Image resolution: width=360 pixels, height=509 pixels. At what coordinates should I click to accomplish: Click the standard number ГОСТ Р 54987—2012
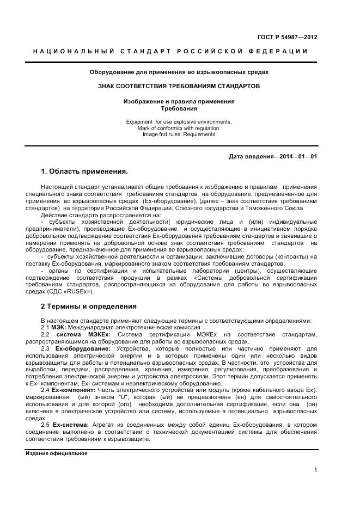click(287, 38)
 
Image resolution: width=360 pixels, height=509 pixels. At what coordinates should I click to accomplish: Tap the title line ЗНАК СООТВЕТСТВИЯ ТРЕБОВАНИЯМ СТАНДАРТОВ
click(179, 86)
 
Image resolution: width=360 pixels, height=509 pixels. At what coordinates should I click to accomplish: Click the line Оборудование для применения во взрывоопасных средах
click(179, 72)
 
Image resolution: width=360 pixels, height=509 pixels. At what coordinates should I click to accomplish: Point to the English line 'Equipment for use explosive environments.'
click(179, 121)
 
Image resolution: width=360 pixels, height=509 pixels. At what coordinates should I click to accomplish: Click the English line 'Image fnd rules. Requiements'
click(179, 134)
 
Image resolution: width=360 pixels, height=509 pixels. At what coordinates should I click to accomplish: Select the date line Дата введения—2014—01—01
click(273, 157)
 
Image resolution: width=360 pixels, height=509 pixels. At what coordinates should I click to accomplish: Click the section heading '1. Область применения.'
click(84, 171)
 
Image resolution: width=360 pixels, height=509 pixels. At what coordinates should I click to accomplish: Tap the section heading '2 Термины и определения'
click(88, 306)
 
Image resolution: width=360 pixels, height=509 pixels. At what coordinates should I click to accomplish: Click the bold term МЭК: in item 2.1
click(59, 327)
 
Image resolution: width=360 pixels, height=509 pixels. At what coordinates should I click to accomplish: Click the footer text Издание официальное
click(57, 453)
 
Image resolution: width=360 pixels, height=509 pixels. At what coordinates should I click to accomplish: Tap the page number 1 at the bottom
click(315, 470)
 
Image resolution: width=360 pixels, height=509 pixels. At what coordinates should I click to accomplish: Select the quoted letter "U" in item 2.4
click(115, 398)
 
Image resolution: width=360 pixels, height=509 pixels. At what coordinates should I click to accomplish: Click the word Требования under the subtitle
click(179, 108)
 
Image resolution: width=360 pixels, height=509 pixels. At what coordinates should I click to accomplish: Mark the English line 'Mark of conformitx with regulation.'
click(179, 128)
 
